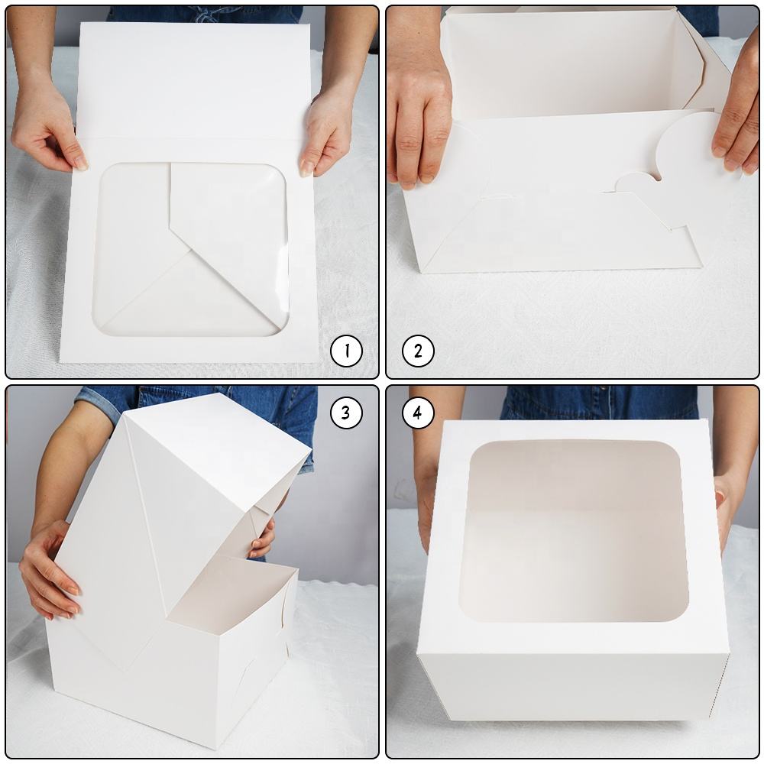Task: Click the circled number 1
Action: pos(346,351)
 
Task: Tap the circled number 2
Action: pos(418,351)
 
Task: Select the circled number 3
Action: pos(346,413)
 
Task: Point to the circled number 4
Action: pos(418,413)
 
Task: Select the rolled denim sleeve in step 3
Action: pos(99,401)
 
